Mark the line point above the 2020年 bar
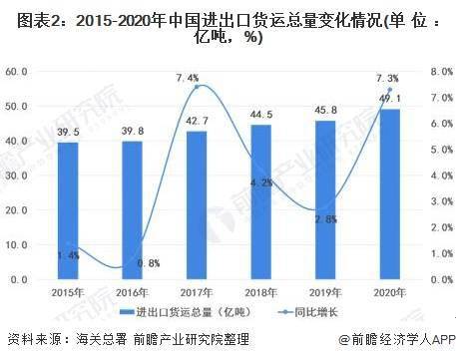(x=390, y=91)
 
